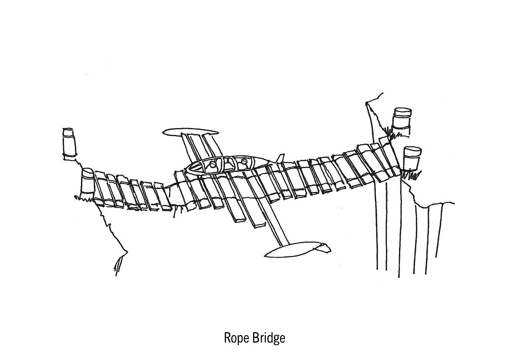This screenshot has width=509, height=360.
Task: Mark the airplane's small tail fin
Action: click(x=280, y=157)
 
